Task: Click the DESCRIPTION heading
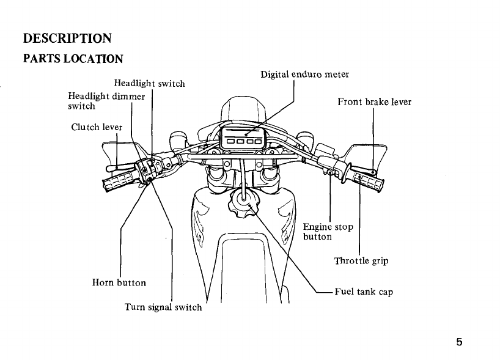(x=67, y=38)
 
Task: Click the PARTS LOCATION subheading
(x=73, y=59)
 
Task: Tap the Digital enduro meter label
(x=304, y=75)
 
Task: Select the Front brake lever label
(x=374, y=102)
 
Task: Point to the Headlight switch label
(x=149, y=83)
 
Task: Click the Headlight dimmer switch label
(x=106, y=100)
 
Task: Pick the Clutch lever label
(x=97, y=127)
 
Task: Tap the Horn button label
(x=119, y=282)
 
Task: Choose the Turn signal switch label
(x=163, y=307)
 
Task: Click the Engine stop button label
(x=328, y=232)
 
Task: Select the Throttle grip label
(x=361, y=261)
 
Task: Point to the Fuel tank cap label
(x=363, y=292)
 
